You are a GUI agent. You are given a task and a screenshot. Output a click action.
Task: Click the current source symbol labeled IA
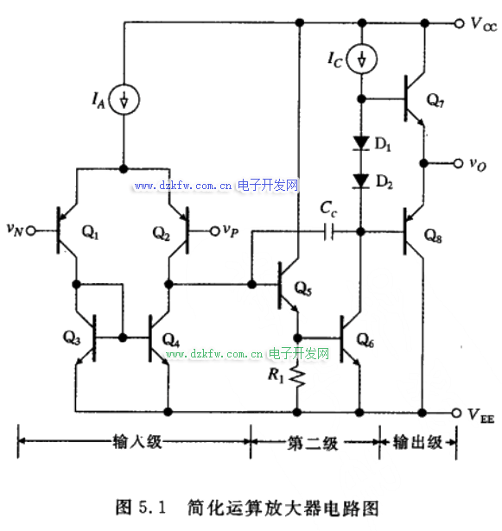pos(124,99)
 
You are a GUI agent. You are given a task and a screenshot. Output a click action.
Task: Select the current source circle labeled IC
pos(362,60)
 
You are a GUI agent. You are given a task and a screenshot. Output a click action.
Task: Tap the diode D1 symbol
pos(361,143)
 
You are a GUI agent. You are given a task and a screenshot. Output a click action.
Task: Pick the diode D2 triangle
pos(361,180)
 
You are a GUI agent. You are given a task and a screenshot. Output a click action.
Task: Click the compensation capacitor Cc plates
pos(328,231)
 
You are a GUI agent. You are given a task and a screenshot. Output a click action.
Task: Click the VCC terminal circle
pos(459,23)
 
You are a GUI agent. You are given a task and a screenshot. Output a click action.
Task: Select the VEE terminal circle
pos(456,413)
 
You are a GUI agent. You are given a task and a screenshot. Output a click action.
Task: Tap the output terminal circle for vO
pos(458,163)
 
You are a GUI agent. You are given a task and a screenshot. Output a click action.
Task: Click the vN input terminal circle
pos(31,231)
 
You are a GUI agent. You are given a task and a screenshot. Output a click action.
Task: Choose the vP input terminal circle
pos(214,231)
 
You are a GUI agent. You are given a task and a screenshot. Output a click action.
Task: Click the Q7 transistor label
pos(435,100)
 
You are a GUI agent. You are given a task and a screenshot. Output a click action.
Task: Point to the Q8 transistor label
pos(433,235)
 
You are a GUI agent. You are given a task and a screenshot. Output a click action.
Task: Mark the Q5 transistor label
pos(303,288)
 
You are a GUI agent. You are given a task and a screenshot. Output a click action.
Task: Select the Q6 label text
pos(365,339)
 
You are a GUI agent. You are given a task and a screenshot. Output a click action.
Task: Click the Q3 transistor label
pos(72,338)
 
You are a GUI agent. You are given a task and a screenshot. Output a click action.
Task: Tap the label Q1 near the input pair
pos(90,232)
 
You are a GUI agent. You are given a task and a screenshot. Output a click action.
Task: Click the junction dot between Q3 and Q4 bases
pos(123,338)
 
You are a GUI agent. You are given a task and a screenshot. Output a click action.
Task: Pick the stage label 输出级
pos(417,442)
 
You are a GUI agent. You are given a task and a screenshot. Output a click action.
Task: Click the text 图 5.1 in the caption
pos(140,508)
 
